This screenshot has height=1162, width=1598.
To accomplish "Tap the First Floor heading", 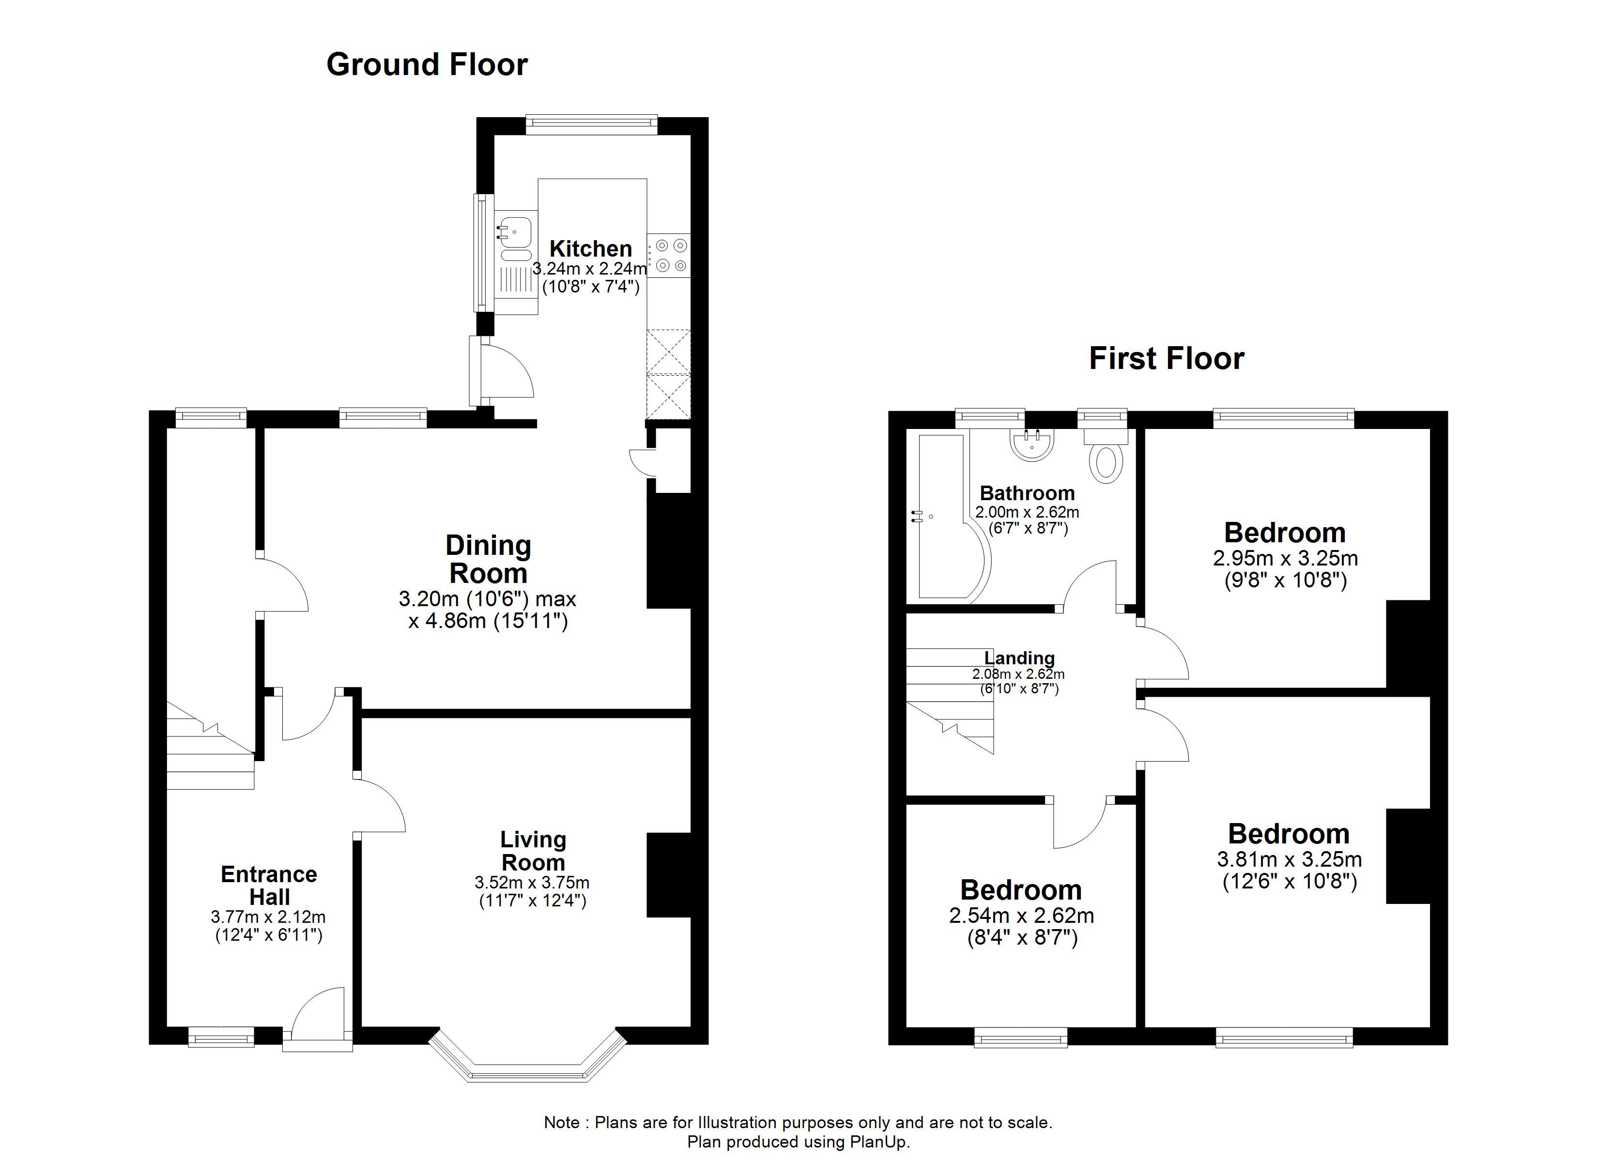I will point(1166,359).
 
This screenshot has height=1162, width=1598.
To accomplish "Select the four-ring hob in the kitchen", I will point(670,256).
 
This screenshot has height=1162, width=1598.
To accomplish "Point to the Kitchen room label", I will point(590,249).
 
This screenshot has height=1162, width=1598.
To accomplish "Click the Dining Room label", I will point(488,560).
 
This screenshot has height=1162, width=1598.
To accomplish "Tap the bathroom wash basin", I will point(1032,444).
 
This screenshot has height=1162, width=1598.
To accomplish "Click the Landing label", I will point(1019,658).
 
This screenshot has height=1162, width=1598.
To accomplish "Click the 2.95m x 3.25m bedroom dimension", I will point(1285,559).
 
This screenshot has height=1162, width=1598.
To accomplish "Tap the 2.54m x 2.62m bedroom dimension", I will point(1021,916).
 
